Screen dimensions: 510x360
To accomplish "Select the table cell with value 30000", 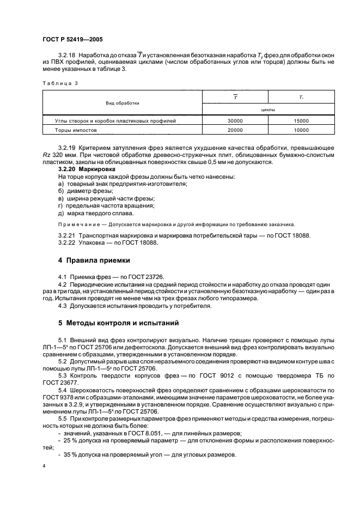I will [235, 120].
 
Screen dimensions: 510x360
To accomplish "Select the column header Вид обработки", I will [123, 102].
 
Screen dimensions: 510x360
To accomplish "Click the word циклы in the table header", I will [268, 109].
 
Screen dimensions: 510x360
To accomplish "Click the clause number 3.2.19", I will [66, 148].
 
